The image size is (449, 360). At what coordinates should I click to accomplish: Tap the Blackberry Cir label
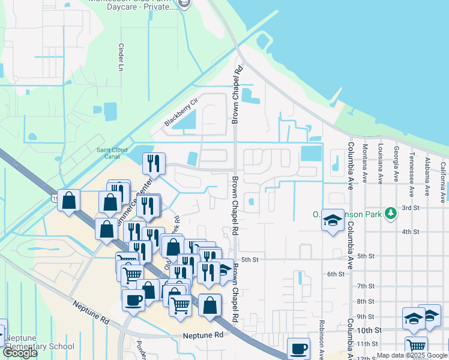[181, 113]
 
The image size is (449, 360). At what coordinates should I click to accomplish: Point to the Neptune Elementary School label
[40, 342]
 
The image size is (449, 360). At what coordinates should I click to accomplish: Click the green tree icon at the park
[391, 212]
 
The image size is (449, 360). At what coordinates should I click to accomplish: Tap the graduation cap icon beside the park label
[332, 220]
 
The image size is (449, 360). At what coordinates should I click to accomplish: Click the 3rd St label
[410, 208]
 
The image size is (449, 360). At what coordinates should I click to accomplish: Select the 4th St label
[410, 232]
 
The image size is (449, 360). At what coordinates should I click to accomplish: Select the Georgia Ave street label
[396, 163]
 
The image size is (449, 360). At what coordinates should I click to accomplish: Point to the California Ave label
[443, 172]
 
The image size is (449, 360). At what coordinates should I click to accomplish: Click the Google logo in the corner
[20, 353]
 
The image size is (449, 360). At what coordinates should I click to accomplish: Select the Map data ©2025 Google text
[412, 355]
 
